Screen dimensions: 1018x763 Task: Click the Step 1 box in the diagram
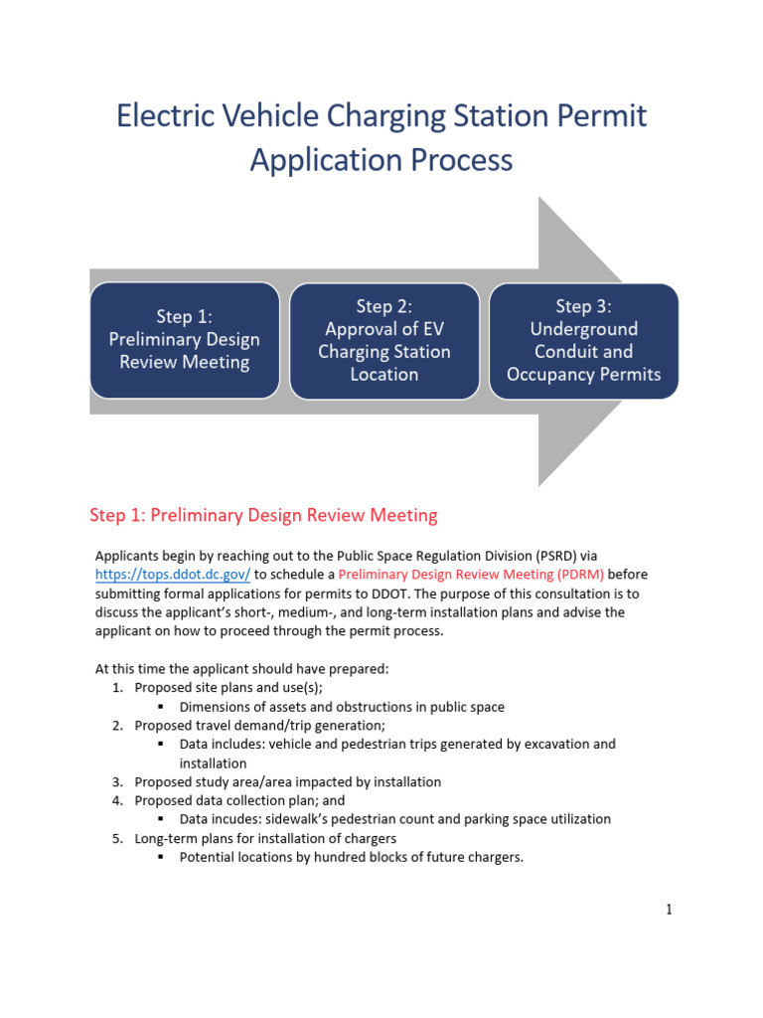point(185,340)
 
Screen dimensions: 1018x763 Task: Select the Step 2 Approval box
point(384,340)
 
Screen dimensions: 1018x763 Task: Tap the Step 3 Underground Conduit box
point(584,340)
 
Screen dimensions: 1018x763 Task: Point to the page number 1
point(670,910)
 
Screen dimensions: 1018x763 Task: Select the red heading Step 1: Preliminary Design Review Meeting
point(263,515)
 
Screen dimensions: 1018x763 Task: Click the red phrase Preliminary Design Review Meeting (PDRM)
point(471,575)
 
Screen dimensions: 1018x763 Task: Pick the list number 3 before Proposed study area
point(117,782)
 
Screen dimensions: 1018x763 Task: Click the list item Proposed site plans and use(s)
point(229,688)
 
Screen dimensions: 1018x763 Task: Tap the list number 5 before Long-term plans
point(117,839)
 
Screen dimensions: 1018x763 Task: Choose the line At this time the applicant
point(241,669)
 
